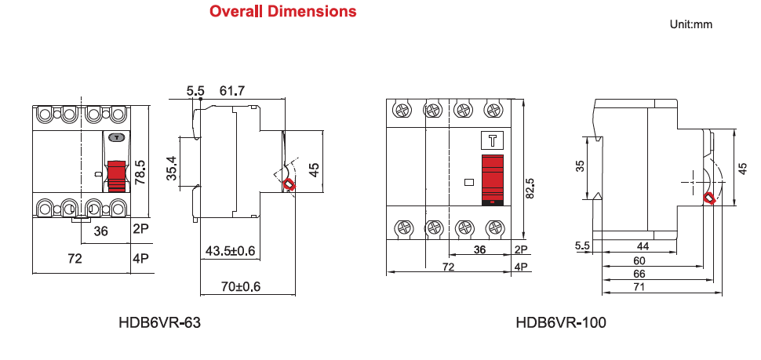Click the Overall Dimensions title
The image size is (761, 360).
pos(283,11)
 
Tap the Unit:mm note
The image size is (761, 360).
pos(691,24)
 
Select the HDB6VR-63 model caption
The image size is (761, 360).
pos(159,322)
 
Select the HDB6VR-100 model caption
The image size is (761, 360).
pos(561,322)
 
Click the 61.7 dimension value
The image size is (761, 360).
pos(232,91)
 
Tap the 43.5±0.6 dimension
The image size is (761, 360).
pos(231,251)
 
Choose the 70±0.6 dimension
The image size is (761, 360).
pos(241,286)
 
